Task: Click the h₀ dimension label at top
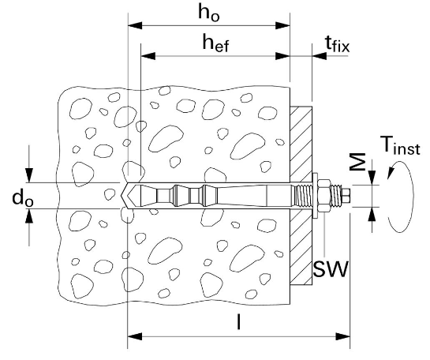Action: (209, 13)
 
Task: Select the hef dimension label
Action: (215, 43)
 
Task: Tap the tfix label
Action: (338, 44)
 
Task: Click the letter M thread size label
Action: (358, 162)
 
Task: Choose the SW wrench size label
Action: (331, 269)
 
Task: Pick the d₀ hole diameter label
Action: (23, 198)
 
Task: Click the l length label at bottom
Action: (239, 321)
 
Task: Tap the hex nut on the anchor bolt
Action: (323, 196)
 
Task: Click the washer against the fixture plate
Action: (315, 196)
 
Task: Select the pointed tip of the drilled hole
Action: (121, 196)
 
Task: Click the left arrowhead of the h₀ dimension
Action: (135, 26)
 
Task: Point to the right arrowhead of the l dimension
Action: (343, 336)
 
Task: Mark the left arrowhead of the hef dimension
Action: (148, 56)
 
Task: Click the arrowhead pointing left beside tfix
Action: (320, 56)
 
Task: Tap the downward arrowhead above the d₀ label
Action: (29, 175)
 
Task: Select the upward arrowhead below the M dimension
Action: (372, 214)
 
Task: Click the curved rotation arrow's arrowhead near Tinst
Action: (391, 174)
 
